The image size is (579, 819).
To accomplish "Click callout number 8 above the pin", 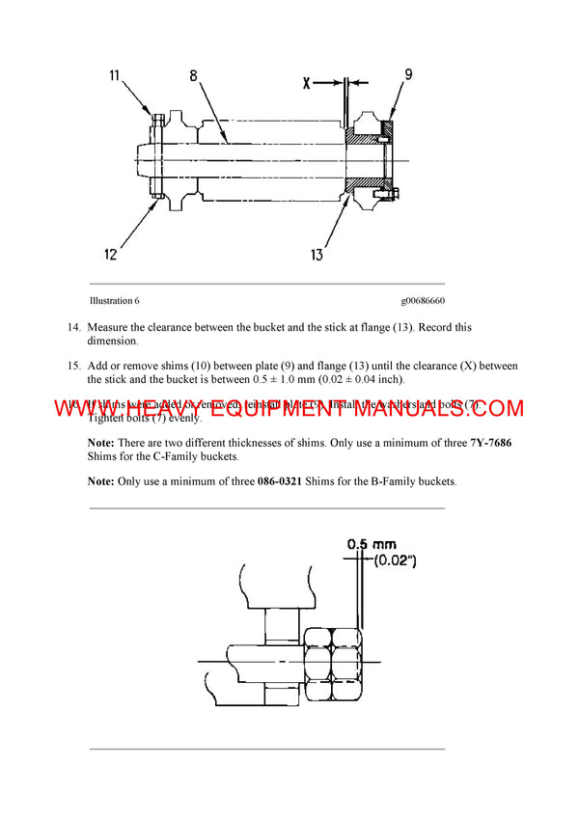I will pyautogui.click(x=193, y=75).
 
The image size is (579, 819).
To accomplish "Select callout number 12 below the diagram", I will pyautogui.click(x=112, y=254).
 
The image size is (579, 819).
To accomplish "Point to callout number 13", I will pyautogui.click(x=317, y=256).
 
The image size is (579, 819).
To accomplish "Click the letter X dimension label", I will pyautogui.click(x=307, y=84).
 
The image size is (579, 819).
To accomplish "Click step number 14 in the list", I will pyautogui.click(x=73, y=328).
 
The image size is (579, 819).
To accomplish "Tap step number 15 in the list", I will pyautogui.click(x=73, y=367).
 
